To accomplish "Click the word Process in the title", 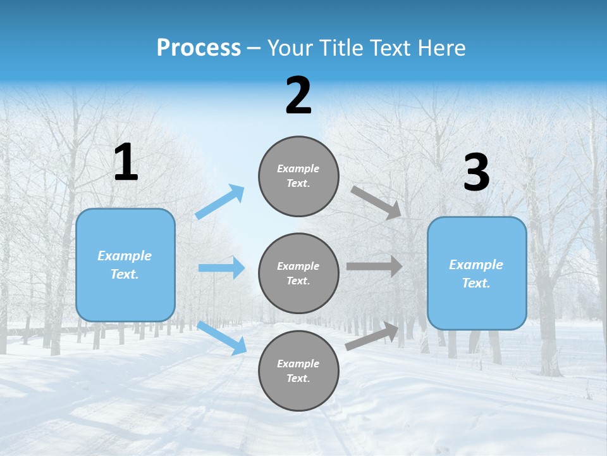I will (x=199, y=48).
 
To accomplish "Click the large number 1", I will (x=126, y=163).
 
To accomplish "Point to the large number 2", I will (x=298, y=96).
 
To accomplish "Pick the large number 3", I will (x=476, y=173).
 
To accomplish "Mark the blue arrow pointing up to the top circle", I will (x=220, y=202).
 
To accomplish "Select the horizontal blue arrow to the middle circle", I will (x=221, y=268).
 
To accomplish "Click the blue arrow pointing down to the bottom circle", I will (x=221, y=338).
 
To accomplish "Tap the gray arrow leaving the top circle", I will (x=376, y=202).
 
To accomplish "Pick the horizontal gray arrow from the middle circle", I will (x=374, y=267).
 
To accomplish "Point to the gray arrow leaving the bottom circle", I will (x=372, y=336).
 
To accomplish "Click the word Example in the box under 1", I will (x=125, y=256).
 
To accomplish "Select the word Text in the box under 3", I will (x=475, y=283).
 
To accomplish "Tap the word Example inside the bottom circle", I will (x=298, y=364).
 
